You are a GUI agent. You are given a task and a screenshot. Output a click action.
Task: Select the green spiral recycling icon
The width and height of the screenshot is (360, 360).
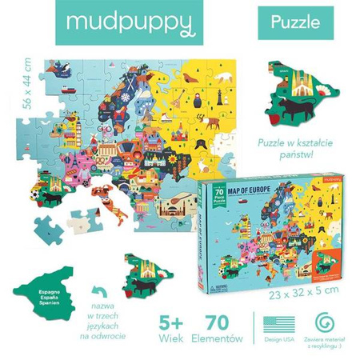[x=324, y=322]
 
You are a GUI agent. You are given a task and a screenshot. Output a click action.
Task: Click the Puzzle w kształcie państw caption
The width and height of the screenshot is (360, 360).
[x=304, y=149]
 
